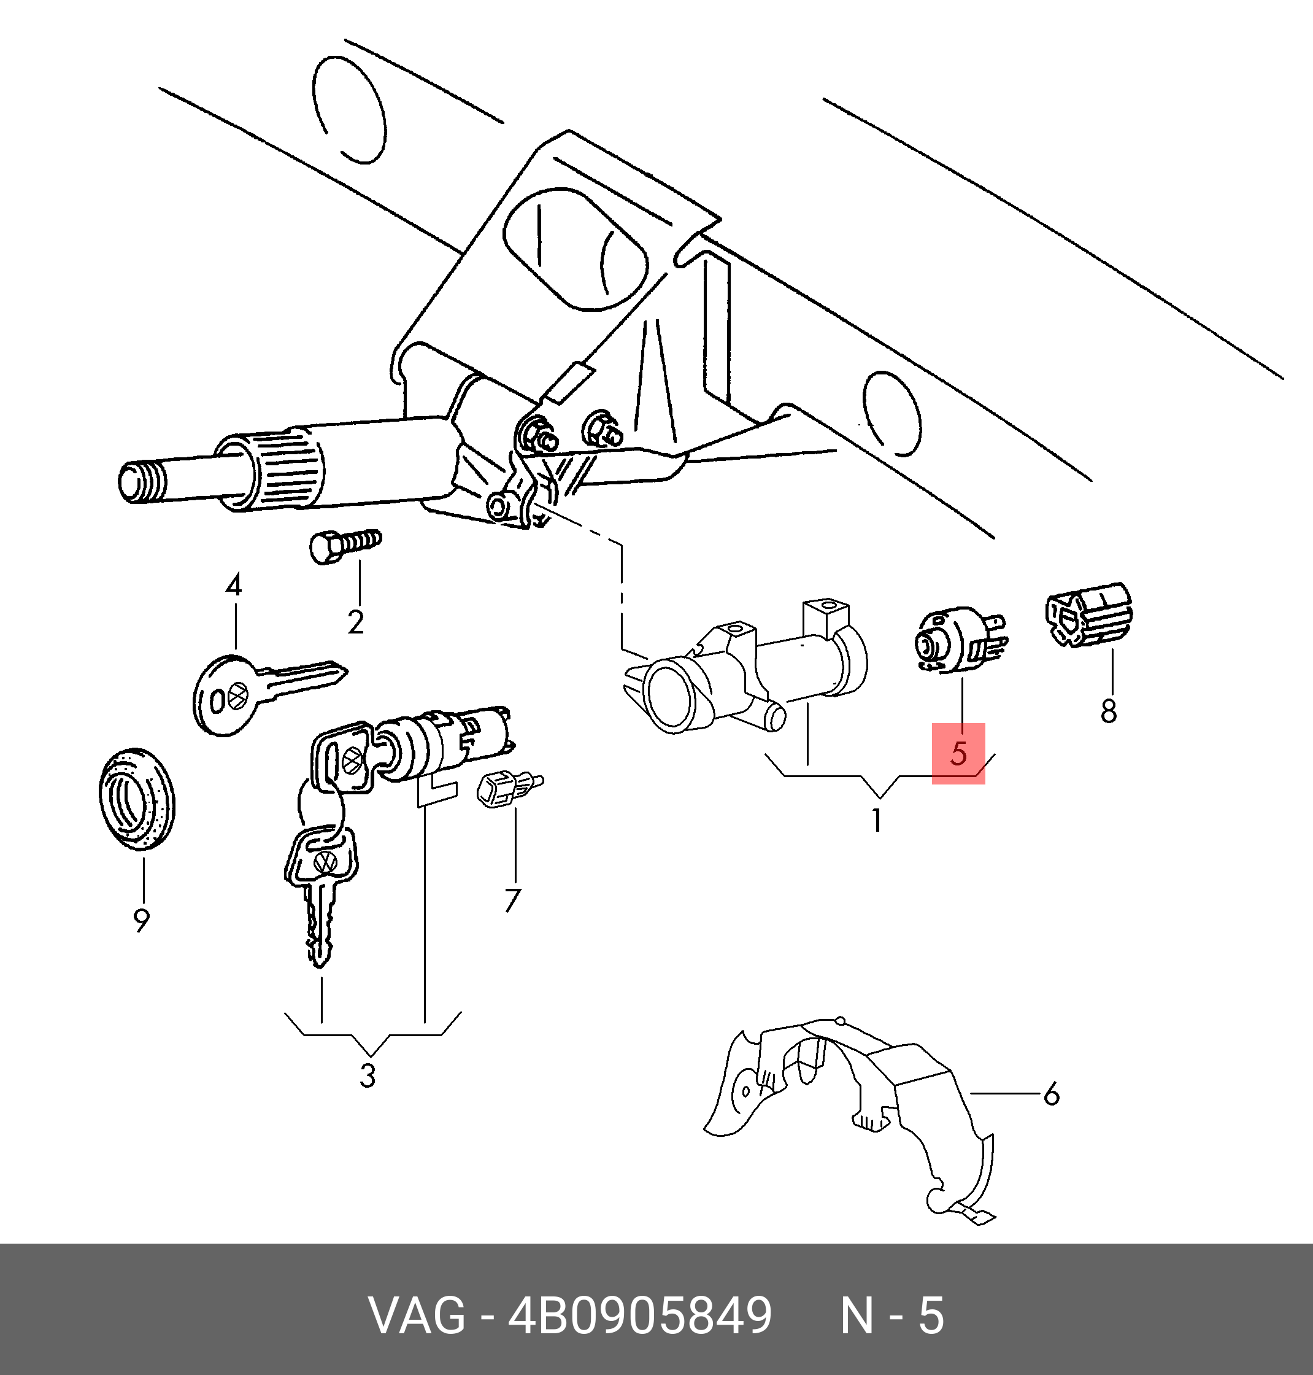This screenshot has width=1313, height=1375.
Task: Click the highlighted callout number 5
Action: pyautogui.click(x=958, y=753)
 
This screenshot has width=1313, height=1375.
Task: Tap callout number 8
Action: pyautogui.click(x=1108, y=711)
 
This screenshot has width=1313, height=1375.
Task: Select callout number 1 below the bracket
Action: pyautogui.click(x=876, y=820)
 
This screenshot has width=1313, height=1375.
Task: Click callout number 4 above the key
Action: pyautogui.click(x=233, y=585)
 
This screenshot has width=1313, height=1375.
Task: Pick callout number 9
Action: pyautogui.click(x=141, y=920)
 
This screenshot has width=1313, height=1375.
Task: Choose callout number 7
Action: pyautogui.click(x=512, y=901)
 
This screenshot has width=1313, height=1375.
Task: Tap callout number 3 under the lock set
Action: pyautogui.click(x=368, y=1075)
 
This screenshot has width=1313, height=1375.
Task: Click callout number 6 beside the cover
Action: pyautogui.click(x=1051, y=1094)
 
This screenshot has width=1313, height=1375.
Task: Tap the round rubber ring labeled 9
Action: pyautogui.click(x=136, y=798)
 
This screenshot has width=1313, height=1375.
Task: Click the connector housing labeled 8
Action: pyautogui.click(x=1088, y=613)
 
